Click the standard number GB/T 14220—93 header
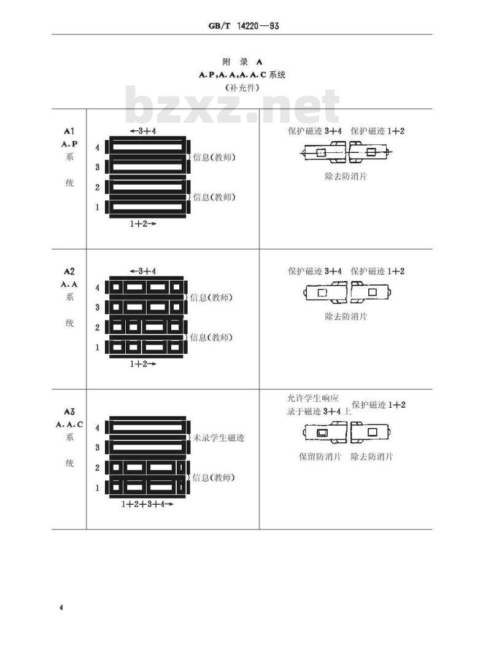[x=244, y=26]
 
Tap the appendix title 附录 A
[x=242, y=61]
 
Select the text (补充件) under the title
[x=242, y=88]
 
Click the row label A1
[x=69, y=131]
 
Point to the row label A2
[x=69, y=271]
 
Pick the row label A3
[x=69, y=411]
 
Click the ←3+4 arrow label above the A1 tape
[x=143, y=131]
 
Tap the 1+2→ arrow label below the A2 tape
[x=143, y=364]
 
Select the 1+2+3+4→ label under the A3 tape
[x=147, y=504]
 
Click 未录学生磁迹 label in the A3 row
[x=219, y=437]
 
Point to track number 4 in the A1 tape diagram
[x=98, y=147]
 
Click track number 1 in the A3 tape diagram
[x=98, y=487]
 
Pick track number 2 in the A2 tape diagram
[x=98, y=327]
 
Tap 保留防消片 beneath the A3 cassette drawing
[x=320, y=456]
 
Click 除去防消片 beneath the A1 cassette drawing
[x=346, y=176]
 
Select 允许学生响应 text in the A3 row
[x=313, y=398]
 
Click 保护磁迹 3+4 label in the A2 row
[x=315, y=271]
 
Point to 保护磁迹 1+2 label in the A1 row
[x=377, y=131]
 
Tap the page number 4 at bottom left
[x=61, y=607]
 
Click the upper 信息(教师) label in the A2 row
[x=211, y=297]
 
